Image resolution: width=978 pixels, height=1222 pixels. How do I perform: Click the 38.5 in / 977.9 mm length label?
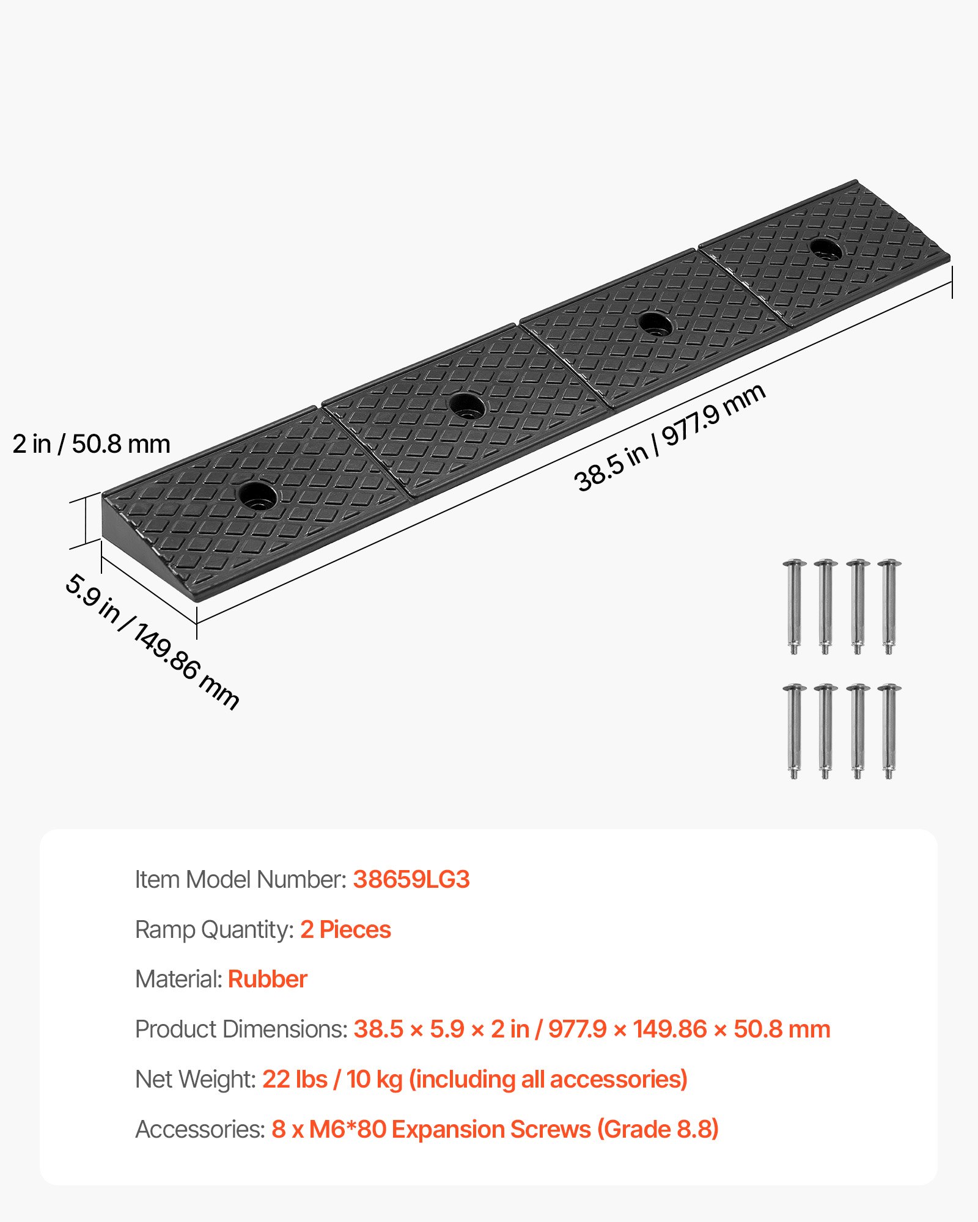(x=669, y=437)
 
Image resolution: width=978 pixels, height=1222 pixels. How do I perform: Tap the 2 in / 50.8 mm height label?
(x=91, y=444)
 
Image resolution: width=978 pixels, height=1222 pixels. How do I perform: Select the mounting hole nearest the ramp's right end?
(x=825, y=249)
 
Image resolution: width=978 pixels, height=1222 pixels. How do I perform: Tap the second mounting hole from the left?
(x=467, y=406)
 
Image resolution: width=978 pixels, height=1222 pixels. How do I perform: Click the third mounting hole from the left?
(x=655, y=324)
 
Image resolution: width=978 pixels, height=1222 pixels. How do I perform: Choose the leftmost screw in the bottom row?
(x=794, y=731)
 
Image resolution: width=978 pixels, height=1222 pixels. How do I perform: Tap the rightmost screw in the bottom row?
(x=889, y=731)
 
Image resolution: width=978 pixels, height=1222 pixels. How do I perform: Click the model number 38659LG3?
(x=411, y=879)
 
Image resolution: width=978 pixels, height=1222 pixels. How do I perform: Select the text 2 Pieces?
(x=345, y=929)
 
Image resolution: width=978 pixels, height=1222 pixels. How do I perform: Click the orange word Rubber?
(x=267, y=979)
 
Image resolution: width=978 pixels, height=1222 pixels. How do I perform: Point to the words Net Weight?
(x=195, y=1080)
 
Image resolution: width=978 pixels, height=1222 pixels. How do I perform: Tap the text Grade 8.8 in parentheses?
(x=658, y=1129)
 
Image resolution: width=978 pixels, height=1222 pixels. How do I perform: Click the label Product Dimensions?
(x=241, y=1030)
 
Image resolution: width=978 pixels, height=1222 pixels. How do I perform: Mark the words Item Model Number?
(x=241, y=879)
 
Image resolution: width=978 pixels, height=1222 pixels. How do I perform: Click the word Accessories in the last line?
(x=200, y=1129)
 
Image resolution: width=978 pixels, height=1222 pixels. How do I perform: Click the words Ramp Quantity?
(x=215, y=929)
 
